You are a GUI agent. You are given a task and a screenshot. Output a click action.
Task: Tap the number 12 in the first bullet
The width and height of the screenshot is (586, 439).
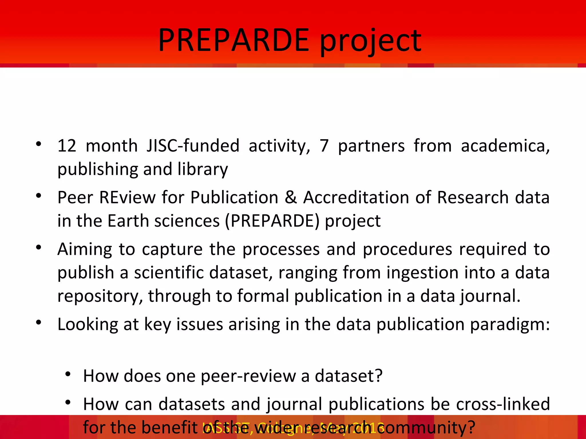click(67, 146)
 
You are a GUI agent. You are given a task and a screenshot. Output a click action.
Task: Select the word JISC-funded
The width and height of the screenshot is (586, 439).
click(193, 146)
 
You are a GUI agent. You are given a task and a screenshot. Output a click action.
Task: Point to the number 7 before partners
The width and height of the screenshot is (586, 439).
click(324, 146)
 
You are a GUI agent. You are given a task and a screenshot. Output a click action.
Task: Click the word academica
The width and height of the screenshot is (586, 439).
click(505, 146)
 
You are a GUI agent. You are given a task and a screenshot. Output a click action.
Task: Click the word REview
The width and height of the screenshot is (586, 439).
click(127, 197)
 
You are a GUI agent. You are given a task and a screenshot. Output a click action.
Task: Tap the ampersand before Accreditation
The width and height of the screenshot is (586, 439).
click(291, 197)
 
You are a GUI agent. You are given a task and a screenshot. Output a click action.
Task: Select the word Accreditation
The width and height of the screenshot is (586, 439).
click(356, 197)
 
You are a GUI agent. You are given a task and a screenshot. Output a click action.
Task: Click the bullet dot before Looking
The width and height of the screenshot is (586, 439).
click(39, 323)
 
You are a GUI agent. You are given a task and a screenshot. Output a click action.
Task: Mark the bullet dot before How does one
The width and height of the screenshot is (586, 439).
click(68, 374)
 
